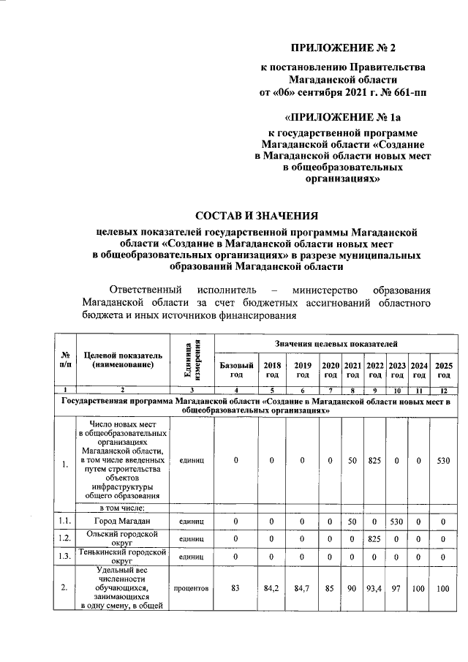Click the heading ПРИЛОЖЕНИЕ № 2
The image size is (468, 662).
coord(343,48)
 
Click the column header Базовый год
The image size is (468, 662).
coord(236,369)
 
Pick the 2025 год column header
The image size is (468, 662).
coord(443,369)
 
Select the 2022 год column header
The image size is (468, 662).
coord(375,369)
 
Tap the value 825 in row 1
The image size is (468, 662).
coord(375,462)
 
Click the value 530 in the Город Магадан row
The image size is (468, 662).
coord(397,521)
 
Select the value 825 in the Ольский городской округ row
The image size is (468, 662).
coord(375,538)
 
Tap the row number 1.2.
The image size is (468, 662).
coord(67,538)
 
